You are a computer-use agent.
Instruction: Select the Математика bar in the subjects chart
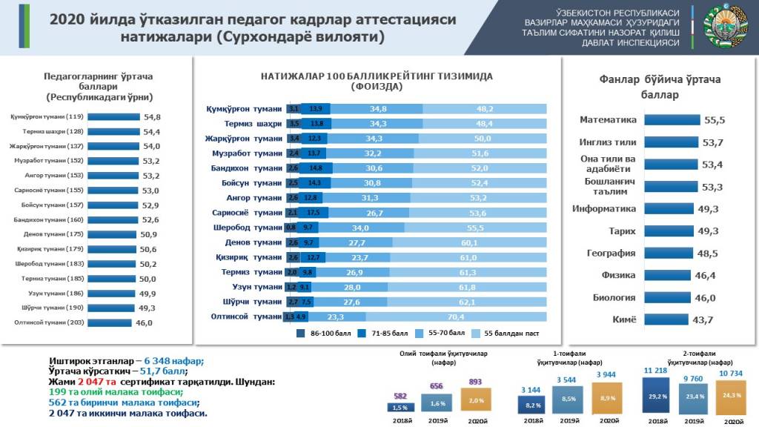point(672,120)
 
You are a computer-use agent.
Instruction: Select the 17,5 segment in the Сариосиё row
point(315,213)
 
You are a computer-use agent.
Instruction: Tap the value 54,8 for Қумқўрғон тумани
point(153,117)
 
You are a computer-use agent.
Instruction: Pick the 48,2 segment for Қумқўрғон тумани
point(485,109)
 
